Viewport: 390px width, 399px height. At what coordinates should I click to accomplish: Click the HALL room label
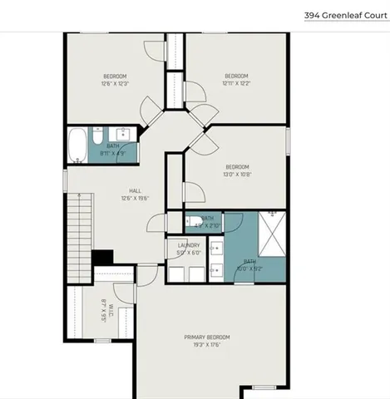[111, 190]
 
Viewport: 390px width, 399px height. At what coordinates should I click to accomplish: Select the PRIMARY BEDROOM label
[207, 337]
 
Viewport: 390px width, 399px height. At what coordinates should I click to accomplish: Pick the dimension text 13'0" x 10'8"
[236, 175]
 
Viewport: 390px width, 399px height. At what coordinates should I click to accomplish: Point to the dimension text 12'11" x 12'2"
[236, 83]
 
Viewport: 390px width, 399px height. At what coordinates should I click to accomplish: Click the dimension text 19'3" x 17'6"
[207, 344]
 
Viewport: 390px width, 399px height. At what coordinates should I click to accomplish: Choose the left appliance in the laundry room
[176, 274]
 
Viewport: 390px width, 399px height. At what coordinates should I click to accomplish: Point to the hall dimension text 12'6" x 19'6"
[111, 198]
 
